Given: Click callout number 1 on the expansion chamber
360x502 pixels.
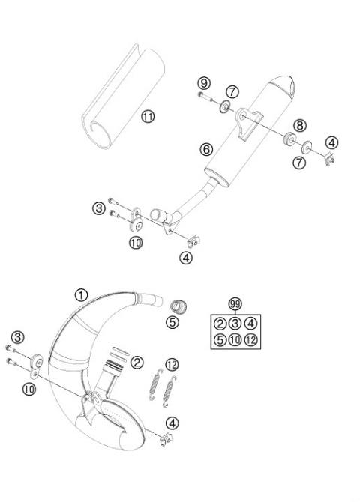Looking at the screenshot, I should pyautogui.click(x=82, y=294).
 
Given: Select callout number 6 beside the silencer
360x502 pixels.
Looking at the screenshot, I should pyautogui.click(x=205, y=149).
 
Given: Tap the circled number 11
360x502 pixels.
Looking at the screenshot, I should pyautogui.click(x=148, y=115).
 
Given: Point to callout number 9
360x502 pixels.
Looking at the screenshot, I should pyautogui.click(x=205, y=82).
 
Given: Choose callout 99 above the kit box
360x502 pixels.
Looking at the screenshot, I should pyautogui.click(x=235, y=304).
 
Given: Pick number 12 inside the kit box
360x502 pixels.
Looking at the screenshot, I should pyautogui.click(x=251, y=340).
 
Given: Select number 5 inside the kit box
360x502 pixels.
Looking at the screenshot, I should pyautogui.click(x=220, y=340).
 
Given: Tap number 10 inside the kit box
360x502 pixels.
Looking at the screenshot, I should pyautogui.click(x=235, y=340).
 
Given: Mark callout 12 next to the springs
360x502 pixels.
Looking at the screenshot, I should pyautogui.click(x=172, y=364).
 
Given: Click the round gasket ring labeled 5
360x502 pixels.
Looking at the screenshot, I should pyautogui.click(x=178, y=306).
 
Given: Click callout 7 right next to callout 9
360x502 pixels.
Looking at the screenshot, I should pyautogui.click(x=232, y=91).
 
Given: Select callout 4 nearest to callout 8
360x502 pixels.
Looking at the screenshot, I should pyautogui.click(x=331, y=142).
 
